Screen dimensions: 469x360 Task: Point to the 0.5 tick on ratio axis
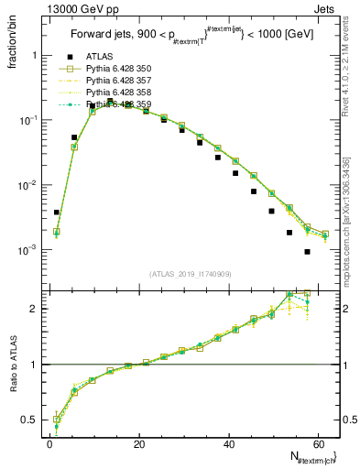coord(33,420)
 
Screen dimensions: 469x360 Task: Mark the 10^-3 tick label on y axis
coord(30,250)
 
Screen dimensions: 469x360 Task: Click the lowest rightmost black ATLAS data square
coord(307,252)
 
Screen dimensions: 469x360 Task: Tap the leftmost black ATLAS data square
coord(57,213)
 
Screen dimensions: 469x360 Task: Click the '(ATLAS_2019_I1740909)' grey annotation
coord(191,274)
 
